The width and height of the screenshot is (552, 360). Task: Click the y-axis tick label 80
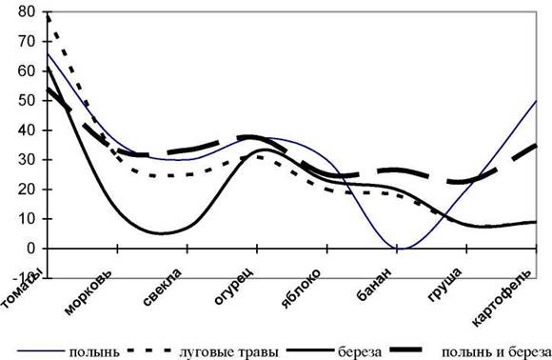[27, 12]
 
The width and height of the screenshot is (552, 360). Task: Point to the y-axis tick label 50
[27, 101]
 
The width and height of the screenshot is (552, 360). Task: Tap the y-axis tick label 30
[27, 160]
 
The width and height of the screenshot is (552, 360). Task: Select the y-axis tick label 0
[31, 249]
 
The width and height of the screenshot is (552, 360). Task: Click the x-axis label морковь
[89, 292]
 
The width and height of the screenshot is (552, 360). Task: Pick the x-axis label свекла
[163, 287]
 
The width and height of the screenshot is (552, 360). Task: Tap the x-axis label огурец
[234, 287]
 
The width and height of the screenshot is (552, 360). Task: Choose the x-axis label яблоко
[302, 289]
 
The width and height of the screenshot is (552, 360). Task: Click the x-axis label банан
[374, 285]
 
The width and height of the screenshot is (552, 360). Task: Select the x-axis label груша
[444, 285]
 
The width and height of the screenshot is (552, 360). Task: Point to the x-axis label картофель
[502, 298]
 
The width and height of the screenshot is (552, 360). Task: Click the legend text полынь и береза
[496, 351]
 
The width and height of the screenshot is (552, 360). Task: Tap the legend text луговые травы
[228, 351]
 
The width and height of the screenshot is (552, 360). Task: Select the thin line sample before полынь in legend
[41, 351]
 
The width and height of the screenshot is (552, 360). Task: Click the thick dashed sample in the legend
[406, 350]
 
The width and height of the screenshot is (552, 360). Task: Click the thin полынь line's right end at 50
[536, 101]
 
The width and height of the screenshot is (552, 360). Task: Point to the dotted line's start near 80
[48, 15]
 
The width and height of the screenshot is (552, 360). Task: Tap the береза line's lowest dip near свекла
[162, 233]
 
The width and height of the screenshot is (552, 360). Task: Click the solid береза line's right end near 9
[536, 222]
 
